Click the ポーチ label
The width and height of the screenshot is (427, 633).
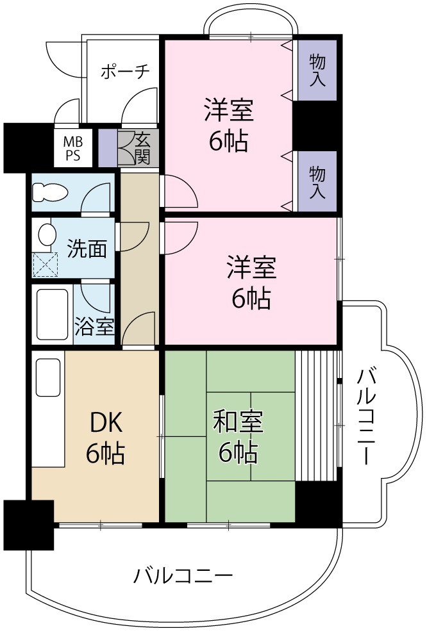(x=125, y=71)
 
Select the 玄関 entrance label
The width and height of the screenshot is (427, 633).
(x=142, y=148)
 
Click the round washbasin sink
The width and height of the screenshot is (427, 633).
(x=46, y=234)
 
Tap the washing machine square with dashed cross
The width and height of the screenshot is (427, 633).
(x=46, y=264)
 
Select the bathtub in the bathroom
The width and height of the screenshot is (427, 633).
(x=52, y=315)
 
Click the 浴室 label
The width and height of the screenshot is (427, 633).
(x=94, y=327)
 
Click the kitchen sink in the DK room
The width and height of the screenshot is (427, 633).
(x=49, y=377)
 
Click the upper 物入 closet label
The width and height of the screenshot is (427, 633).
(x=317, y=70)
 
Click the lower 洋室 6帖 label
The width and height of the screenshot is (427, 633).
(x=251, y=283)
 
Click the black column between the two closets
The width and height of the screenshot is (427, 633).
(x=316, y=126)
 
